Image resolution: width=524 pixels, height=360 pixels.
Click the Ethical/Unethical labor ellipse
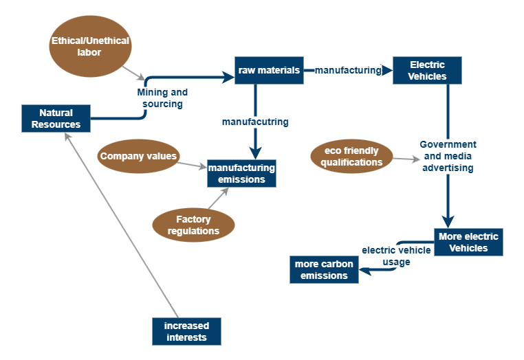90,47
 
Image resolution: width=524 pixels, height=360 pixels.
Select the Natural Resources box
56,118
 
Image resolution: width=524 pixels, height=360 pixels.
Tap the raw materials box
269,70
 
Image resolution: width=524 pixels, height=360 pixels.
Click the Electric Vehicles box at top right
427,70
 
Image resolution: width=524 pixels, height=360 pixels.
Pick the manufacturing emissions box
241,173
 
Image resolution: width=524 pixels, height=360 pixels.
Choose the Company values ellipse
139,156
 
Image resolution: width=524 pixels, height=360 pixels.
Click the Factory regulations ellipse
193,225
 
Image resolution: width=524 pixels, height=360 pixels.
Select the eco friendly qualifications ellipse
351,157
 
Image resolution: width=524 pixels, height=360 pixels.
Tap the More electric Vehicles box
468,242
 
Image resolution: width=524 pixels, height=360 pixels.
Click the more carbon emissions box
324,269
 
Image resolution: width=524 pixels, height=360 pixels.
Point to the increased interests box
186,331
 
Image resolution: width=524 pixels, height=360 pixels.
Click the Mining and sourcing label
162,98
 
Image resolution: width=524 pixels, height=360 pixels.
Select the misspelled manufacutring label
254,122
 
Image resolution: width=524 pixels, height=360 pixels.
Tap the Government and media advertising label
448,156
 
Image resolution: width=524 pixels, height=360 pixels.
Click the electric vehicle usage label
396,256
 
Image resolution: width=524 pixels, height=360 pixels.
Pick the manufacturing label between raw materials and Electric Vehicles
348,70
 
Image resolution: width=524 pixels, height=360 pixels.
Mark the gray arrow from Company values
193,164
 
